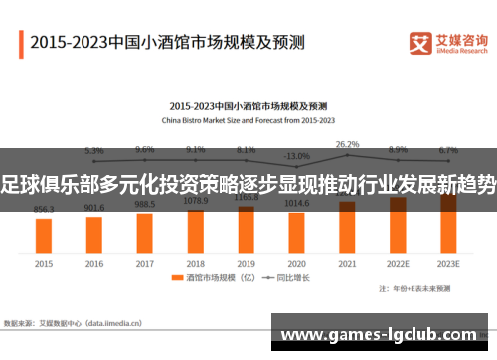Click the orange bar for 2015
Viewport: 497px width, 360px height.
click(x=44, y=235)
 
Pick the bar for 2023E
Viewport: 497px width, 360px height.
click(x=448, y=223)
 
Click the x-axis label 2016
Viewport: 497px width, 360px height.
click(x=94, y=264)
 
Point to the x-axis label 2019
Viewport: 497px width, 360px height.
click(x=246, y=264)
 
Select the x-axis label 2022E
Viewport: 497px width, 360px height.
click(x=398, y=264)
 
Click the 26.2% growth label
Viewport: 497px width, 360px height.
click(x=347, y=144)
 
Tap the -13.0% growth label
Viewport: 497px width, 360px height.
click(x=296, y=156)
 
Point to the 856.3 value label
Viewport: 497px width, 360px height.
click(x=44, y=210)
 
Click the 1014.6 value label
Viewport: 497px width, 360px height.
click(x=296, y=202)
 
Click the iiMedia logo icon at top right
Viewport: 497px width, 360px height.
click(x=419, y=43)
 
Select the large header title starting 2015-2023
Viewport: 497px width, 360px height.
click(x=167, y=43)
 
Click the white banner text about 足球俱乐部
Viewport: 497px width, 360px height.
click(x=248, y=183)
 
